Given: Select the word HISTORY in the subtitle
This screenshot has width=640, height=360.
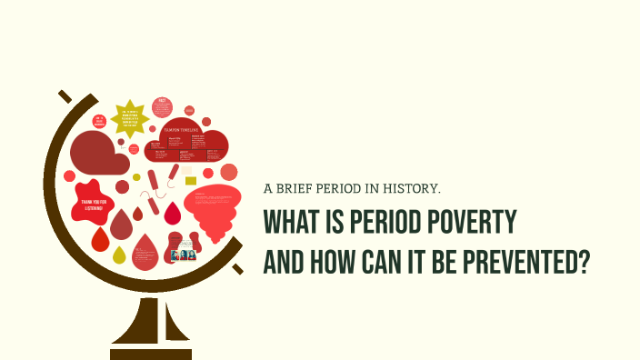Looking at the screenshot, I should [x=411, y=189].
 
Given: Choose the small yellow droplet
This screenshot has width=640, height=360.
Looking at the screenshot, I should [x=119, y=256].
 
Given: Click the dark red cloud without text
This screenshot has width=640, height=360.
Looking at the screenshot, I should [x=97, y=153].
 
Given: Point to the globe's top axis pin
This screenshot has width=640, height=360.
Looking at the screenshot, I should [x=64, y=95].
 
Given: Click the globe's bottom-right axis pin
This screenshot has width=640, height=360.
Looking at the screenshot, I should [x=238, y=270].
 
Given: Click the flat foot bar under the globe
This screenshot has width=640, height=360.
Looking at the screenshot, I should [x=151, y=353].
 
